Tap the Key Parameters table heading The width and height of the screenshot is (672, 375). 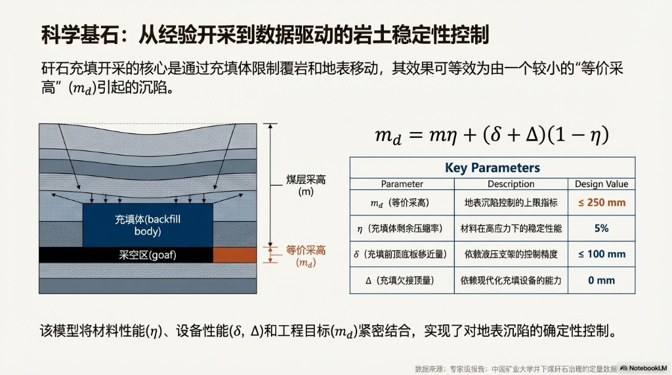click(492, 168)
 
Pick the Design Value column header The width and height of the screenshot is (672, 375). click(601, 184)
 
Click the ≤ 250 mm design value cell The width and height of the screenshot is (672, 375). click(601, 202)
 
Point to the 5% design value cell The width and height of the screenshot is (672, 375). click(601, 228)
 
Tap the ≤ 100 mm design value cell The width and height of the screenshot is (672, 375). click(601, 254)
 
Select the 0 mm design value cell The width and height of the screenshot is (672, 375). click(601, 280)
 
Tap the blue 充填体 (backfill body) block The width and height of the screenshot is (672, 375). click(148, 225)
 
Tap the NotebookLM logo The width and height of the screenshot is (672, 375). click(644, 368)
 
